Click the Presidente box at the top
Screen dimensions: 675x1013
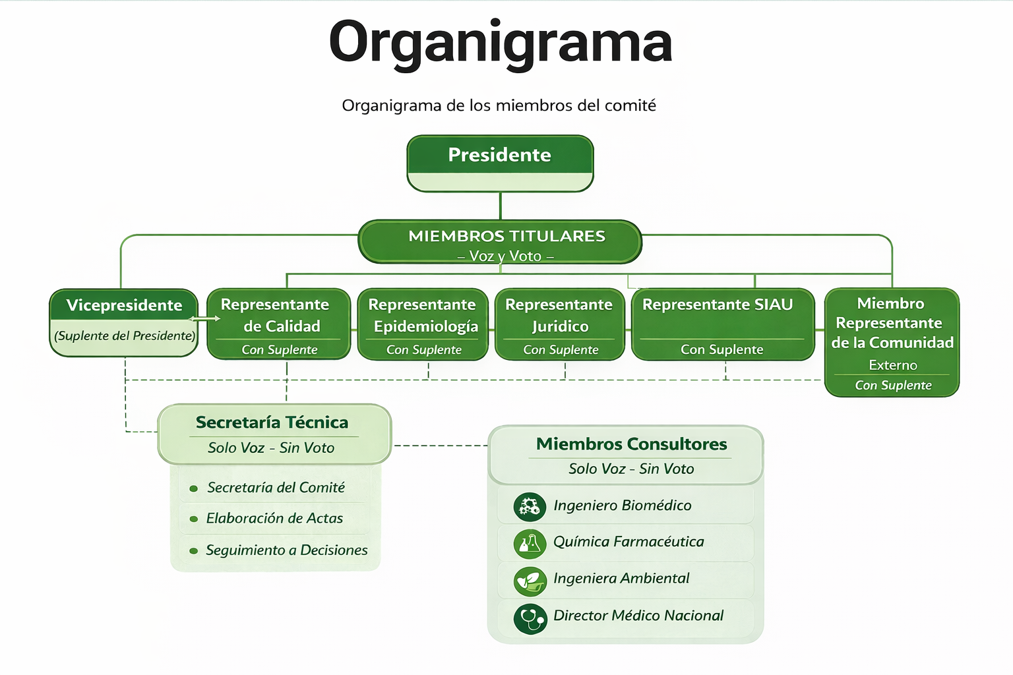500,163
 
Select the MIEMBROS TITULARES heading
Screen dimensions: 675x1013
506,236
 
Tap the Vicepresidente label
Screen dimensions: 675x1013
124,305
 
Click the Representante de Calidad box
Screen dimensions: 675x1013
279,324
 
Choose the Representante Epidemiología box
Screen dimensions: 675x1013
423,324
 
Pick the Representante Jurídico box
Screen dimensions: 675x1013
559,324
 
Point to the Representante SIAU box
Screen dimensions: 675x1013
723,324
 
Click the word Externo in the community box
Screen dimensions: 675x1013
893,365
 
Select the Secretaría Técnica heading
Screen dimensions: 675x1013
272,423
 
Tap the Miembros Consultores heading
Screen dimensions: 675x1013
631,444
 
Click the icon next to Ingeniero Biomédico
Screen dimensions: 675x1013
530,506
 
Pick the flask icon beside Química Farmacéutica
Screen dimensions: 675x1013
530,543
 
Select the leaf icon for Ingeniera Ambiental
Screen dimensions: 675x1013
530,581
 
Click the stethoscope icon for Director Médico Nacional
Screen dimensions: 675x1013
530,618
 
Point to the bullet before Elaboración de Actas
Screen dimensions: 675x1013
194,519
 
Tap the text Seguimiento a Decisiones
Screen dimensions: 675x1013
286,550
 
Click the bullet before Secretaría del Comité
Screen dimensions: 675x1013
194,488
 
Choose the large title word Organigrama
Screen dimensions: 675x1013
500,42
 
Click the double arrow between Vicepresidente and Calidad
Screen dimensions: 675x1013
204,319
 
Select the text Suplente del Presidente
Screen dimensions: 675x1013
125,336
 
